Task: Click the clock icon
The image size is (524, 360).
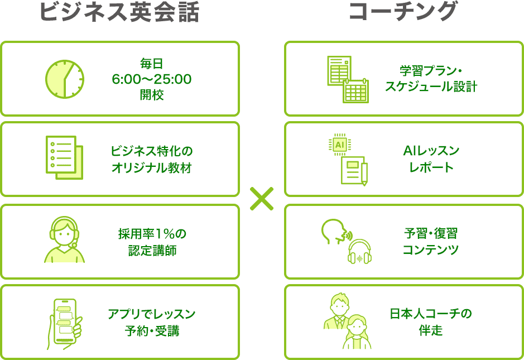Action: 64,79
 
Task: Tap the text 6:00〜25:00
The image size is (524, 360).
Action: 152,79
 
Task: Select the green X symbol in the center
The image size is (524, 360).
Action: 262,199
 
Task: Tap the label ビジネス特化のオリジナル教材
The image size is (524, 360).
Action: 152,159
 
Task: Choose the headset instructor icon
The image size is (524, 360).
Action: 64,239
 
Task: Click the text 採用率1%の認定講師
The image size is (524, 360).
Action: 152,242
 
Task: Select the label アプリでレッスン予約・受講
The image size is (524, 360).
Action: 152,322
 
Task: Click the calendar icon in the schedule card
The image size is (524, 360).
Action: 355,90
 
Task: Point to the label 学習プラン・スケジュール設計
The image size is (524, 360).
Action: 431,79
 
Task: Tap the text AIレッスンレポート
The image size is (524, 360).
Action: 431,159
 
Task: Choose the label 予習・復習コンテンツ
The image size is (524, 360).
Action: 431,241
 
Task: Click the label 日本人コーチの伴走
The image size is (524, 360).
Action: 431,322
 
